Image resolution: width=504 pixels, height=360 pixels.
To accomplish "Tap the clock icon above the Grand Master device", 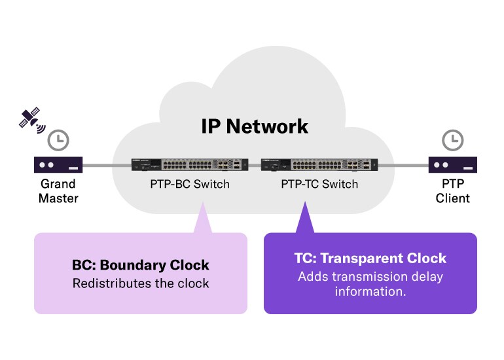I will [59, 139].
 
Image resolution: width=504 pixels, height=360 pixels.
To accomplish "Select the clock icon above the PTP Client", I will [452, 139].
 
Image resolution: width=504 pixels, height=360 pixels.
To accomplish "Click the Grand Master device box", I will [58, 164].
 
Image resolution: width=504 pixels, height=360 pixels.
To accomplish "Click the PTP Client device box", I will [452, 164].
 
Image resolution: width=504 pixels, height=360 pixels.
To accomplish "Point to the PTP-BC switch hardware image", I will [190, 164].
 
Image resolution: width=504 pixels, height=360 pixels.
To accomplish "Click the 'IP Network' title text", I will [255, 126].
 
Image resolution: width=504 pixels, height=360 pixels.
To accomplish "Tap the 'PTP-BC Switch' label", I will [190, 184].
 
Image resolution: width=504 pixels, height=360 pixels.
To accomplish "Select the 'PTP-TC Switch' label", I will [319, 184].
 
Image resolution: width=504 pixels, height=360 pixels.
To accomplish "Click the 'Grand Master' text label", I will [58, 190].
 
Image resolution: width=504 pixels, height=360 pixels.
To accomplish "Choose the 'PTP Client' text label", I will [452, 190].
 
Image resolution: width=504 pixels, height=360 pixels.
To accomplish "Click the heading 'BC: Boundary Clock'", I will [141, 265].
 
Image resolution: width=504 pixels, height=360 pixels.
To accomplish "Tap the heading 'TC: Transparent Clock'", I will [370, 258].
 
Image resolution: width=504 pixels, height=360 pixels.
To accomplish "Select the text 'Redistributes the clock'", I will [141, 283].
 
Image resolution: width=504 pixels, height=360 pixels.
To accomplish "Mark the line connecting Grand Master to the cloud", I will [98, 165].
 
